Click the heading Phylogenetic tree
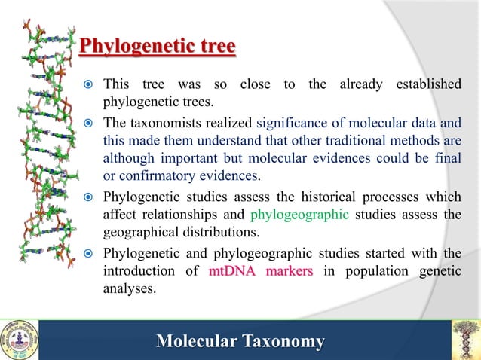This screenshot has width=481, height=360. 158,48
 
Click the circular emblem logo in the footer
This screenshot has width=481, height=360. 19,340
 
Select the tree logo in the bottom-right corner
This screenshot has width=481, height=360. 465,340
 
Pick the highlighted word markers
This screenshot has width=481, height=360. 288,271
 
